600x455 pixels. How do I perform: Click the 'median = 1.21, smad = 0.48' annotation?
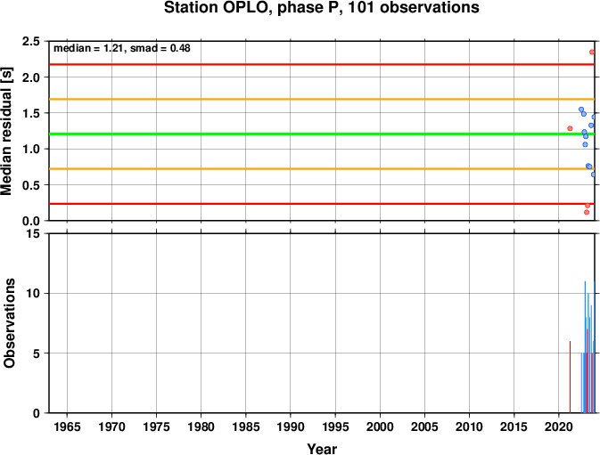coord(121,48)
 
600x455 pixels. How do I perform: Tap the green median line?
coord(322,134)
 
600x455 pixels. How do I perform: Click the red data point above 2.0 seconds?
coord(592,52)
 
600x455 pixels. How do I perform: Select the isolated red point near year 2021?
coord(570,128)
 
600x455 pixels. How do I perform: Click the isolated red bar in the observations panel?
coord(570,377)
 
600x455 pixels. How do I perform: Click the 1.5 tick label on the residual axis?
coord(31,113)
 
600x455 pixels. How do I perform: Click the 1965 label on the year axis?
coord(68,427)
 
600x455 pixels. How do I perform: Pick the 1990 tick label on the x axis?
coord(291,427)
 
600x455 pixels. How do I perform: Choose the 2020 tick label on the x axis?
coord(558,427)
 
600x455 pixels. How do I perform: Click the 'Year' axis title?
coord(322,449)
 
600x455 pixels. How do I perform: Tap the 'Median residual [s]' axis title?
coord(7,131)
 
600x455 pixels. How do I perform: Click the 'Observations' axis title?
coord(9,323)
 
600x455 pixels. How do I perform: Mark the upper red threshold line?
coord(322,64)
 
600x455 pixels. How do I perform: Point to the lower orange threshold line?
coord(322,169)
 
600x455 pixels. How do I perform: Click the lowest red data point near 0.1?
coord(587,212)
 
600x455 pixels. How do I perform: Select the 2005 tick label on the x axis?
coord(424,427)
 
